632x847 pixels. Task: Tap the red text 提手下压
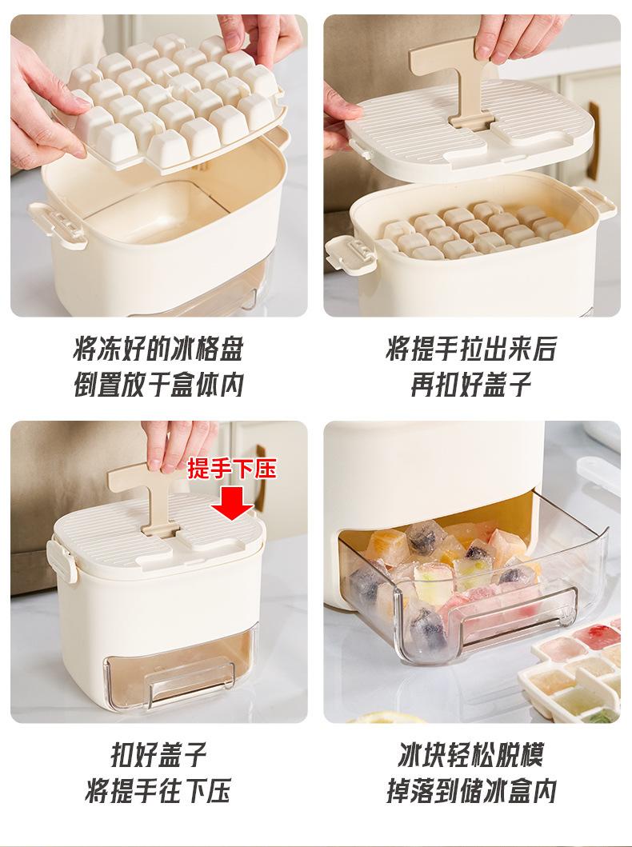coord(232,469)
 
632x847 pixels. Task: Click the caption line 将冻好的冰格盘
coord(158,349)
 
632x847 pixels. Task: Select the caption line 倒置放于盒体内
coord(158,385)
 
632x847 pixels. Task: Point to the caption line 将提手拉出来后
coord(471,349)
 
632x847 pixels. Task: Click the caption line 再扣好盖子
coord(471,385)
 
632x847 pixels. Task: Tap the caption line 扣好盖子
coord(158,754)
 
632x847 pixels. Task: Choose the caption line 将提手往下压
coord(158,790)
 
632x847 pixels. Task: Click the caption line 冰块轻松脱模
coord(471,754)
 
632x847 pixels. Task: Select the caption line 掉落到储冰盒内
coord(471,790)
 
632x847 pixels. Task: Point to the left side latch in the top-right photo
coord(350,254)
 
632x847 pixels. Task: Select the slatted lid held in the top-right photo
coord(469,130)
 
